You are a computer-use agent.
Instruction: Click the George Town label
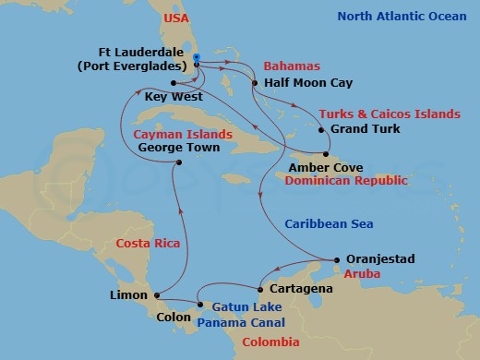pos(177,147)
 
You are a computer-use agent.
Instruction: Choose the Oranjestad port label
pos(381,260)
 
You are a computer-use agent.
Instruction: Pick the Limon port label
pos(128,295)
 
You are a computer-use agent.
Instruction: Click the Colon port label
pos(174,318)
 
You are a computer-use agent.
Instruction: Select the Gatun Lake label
pos(239,306)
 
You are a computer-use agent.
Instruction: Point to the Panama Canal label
pos(240,322)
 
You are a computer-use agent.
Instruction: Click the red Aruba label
pos(362,275)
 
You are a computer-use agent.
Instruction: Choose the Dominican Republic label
pos(346,181)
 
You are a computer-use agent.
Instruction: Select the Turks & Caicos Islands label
pos(389,114)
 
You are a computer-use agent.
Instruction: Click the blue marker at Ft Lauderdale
pos(198,57)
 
